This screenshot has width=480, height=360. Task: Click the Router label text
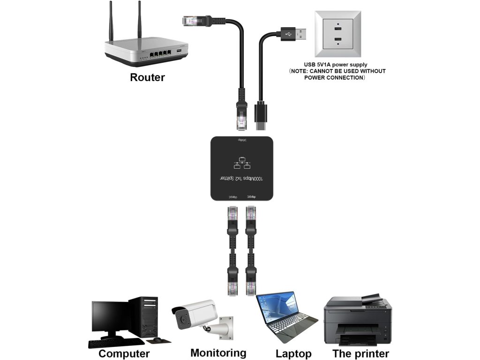tap(147, 77)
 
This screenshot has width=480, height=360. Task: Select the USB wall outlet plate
tap(337, 33)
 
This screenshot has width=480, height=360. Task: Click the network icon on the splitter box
tap(241, 162)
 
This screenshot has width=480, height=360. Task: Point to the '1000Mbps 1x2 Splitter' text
tap(241, 179)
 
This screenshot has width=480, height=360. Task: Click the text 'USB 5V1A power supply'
tap(335, 65)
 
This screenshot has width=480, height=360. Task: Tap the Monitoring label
tap(218, 352)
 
